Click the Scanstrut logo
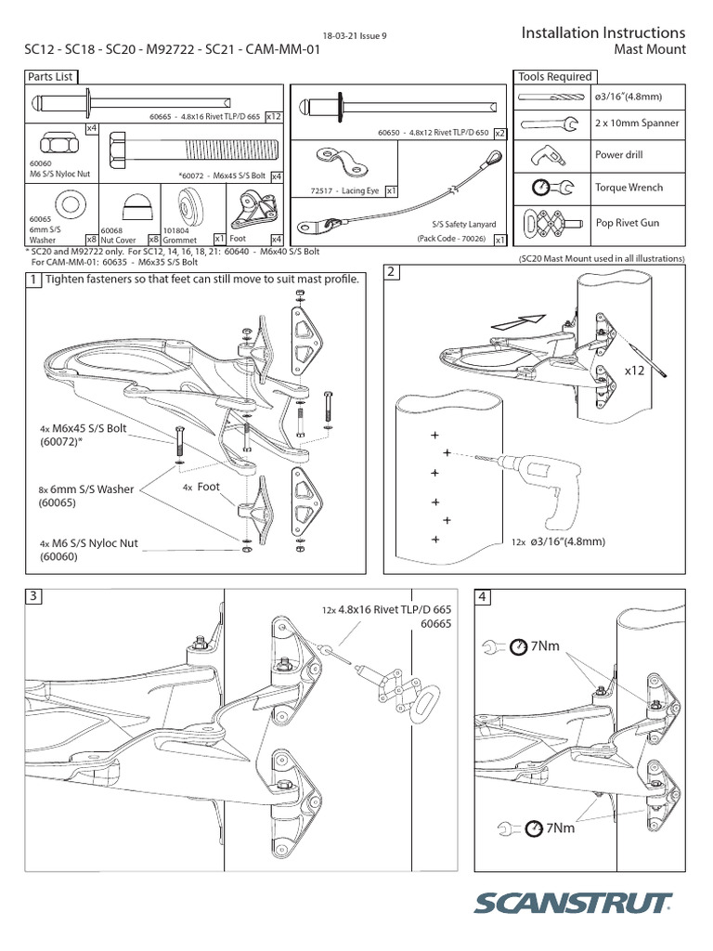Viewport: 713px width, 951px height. coord(575,904)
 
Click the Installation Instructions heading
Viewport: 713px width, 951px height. coord(603,33)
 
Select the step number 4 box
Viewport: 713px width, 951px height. coord(483,598)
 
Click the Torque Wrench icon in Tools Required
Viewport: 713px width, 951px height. coord(548,189)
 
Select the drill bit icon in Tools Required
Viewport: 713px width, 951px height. coord(548,97)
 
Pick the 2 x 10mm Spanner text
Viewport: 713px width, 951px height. coord(636,124)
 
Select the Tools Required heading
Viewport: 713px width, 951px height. coord(556,76)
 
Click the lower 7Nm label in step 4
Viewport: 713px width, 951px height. coord(558,827)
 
